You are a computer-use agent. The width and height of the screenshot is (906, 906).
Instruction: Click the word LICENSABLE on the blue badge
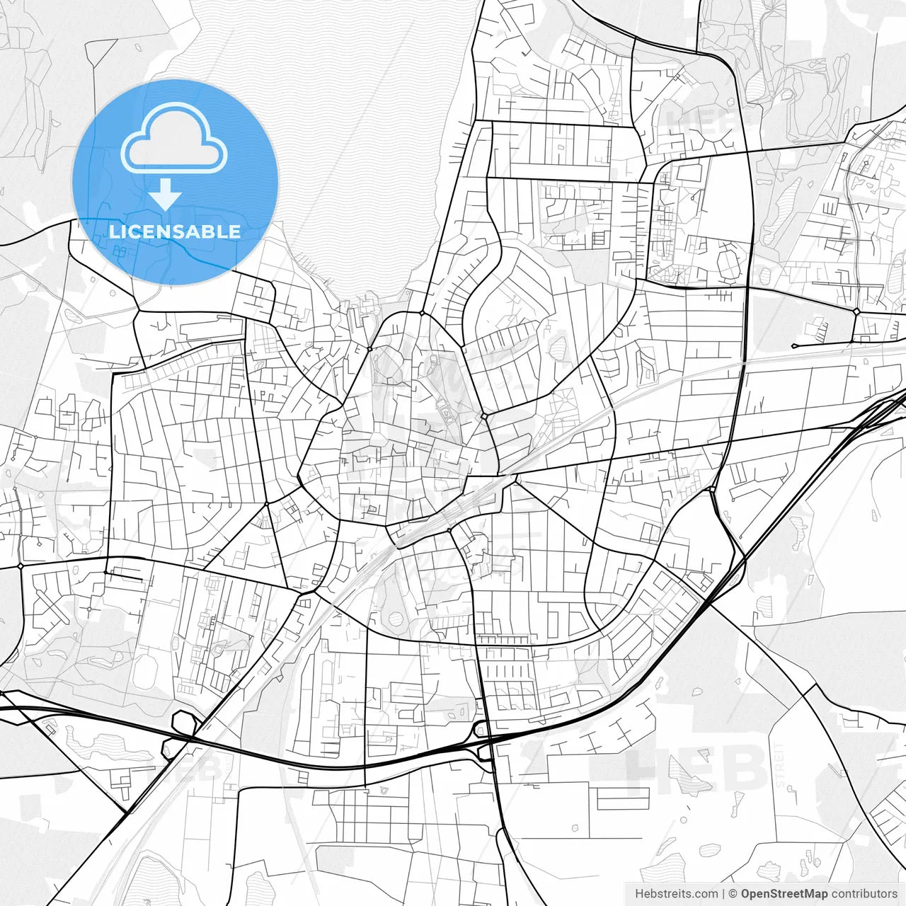174,231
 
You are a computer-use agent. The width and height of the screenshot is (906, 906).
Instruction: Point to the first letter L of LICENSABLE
113,231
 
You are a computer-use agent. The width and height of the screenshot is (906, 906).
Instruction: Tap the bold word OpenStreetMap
784,894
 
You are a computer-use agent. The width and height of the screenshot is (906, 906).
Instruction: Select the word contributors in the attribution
864,894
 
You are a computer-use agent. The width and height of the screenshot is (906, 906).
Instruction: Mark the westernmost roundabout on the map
21,566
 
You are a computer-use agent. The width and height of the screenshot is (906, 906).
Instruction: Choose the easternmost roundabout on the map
856,311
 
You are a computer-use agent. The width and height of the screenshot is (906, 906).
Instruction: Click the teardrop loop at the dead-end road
794,345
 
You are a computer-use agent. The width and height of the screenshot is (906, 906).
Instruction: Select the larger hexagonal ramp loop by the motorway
184,723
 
